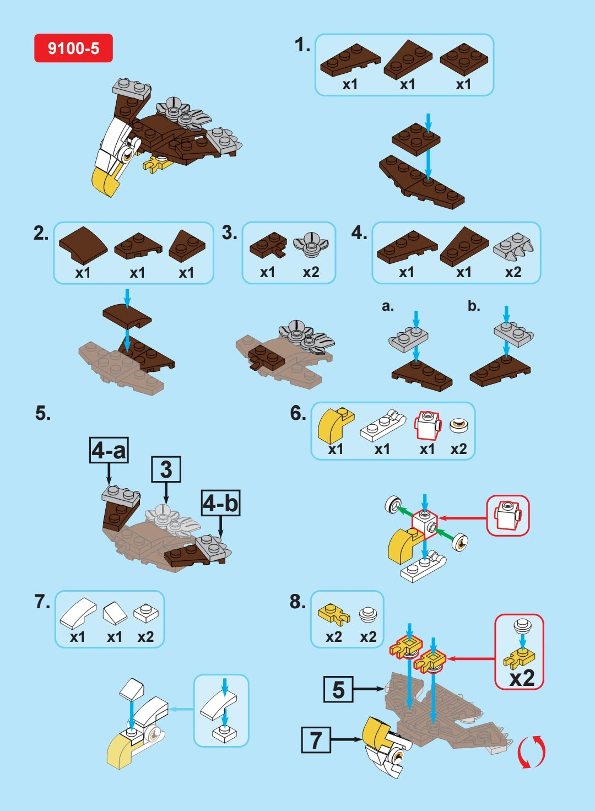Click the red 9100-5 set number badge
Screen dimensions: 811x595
tap(73, 48)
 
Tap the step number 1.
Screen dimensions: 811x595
tap(302, 45)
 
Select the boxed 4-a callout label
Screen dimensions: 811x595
tap(109, 450)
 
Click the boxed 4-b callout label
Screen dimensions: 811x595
tap(220, 503)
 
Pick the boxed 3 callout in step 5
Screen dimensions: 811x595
tap(166, 469)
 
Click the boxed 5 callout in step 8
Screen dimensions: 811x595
tap(338, 689)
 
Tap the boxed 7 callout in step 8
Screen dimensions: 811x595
tap(316, 739)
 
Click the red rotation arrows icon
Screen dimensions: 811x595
tap(531, 751)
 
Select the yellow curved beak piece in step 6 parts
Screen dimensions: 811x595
tap(335, 424)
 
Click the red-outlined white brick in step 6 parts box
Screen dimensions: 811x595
tap(428, 425)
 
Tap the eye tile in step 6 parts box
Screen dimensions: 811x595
tap(458, 425)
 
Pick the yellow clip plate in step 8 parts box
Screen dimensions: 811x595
tap(334, 614)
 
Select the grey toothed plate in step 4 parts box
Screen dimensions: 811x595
tap(513, 246)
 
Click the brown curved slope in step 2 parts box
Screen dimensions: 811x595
tap(83, 245)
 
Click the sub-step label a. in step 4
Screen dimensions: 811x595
tap(388, 306)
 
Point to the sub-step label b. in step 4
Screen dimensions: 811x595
tap(474, 306)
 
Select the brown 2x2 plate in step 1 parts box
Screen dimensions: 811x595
tap(464, 59)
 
